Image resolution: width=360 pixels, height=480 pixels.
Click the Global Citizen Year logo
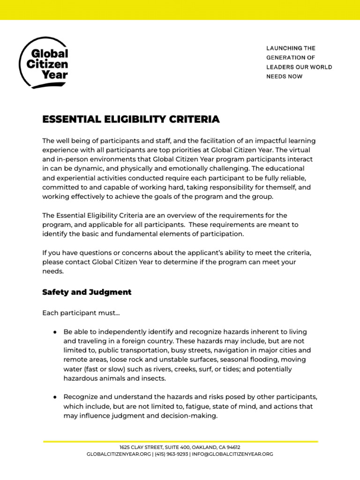click(x=44, y=63)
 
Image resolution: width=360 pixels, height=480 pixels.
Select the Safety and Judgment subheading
click(x=87, y=292)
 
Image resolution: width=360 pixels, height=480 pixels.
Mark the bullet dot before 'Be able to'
click(x=55, y=332)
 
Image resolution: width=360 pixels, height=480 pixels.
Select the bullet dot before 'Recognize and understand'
click(x=55, y=397)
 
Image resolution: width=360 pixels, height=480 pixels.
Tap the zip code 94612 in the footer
click(x=232, y=447)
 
